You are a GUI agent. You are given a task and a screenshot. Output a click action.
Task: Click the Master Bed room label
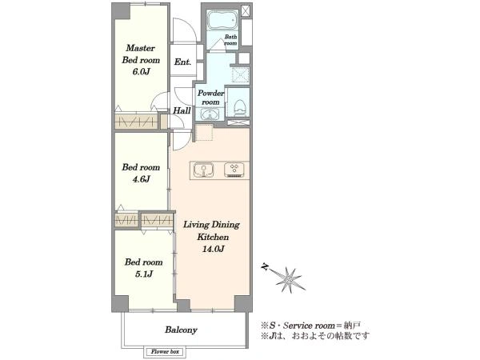[x=141, y=54]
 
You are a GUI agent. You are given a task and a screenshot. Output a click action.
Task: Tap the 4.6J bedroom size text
[x=141, y=179]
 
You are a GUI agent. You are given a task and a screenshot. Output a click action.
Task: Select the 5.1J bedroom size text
[x=143, y=274]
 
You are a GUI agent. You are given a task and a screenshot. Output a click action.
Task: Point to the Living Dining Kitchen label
[x=211, y=231]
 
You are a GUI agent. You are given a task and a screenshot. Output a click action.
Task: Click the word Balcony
[x=181, y=330]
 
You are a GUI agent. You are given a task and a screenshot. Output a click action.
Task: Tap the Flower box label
[x=165, y=352]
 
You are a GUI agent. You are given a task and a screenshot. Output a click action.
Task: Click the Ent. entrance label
[x=182, y=62]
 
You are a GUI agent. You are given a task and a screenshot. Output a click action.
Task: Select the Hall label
[x=182, y=110]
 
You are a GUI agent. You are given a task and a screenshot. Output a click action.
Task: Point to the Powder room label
[x=210, y=98]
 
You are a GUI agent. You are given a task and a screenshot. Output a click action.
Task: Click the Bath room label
[x=230, y=40]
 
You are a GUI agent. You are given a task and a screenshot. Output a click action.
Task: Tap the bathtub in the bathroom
[x=222, y=19]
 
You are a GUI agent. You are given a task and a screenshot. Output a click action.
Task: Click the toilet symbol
[x=239, y=108]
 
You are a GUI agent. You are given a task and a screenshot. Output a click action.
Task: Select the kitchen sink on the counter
[x=203, y=170]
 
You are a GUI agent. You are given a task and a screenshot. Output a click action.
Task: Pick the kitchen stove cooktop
[x=234, y=170]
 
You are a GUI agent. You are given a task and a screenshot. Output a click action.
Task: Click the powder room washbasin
[x=210, y=114]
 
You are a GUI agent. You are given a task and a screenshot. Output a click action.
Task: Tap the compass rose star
[x=288, y=279]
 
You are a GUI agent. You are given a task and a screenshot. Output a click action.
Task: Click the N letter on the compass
[x=265, y=267]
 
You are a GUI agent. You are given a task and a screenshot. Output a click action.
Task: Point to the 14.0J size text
[x=213, y=249]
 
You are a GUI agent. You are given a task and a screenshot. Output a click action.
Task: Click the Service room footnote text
[x=310, y=325]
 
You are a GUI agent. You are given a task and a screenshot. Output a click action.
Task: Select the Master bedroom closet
[x=137, y=122]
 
